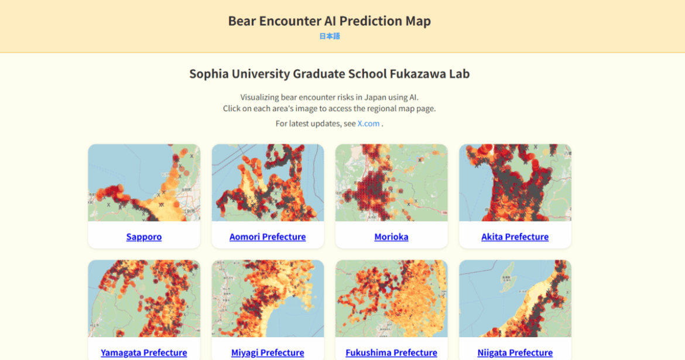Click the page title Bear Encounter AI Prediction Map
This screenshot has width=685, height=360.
pos(329,21)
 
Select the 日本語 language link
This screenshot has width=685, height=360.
pos(329,36)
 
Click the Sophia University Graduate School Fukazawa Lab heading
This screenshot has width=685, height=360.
pos(329,74)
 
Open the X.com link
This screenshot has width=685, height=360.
pos(368,124)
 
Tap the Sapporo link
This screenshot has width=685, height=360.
pos(144,237)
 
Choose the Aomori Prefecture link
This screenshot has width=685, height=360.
pos(268,237)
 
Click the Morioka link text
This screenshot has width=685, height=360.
pos(391,237)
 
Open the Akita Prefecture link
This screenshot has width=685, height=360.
pos(515,237)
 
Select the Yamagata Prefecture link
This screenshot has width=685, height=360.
pos(144,352)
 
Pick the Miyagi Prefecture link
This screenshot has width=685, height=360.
pos(268,352)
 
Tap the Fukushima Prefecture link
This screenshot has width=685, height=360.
pos(391,352)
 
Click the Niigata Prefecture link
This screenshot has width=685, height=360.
pos(515,352)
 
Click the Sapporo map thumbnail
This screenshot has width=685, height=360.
pos(144,183)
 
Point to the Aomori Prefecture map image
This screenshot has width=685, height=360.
pos(268,183)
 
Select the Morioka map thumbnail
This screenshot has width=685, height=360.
pos(391,183)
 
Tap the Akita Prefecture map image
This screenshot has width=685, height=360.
pos(515,183)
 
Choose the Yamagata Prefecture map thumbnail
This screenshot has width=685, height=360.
pos(144,299)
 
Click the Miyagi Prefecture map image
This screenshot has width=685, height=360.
pos(268,299)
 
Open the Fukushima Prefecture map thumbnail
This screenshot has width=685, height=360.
pos(391,299)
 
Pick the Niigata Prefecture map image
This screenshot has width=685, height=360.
pos(515,299)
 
